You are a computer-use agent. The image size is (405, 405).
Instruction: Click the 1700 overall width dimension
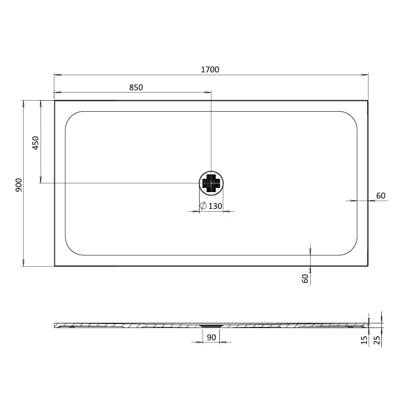(210, 70)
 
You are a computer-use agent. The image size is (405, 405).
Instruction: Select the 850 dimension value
(136, 88)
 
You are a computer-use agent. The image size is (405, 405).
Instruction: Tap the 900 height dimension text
(19, 185)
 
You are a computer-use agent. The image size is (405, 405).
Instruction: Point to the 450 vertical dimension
(36, 143)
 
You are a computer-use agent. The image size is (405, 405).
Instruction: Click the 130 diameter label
(215, 206)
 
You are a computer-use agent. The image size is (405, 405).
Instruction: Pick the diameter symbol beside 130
(203, 206)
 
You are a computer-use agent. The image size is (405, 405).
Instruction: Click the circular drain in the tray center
(211, 183)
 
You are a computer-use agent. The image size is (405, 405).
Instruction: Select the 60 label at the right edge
(381, 196)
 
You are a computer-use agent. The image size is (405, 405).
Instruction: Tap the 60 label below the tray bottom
(305, 278)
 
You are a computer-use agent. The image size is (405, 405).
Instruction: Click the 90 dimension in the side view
(211, 337)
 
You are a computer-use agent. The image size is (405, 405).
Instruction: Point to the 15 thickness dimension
(364, 340)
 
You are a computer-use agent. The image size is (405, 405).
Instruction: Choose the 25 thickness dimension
(377, 340)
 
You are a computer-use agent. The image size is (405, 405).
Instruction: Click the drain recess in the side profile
(211, 326)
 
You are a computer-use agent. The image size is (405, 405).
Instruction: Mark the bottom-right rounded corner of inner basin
(351, 249)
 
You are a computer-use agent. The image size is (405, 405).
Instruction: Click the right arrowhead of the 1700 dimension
(365, 75)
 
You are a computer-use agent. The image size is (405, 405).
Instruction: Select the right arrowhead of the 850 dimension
(208, 93)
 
